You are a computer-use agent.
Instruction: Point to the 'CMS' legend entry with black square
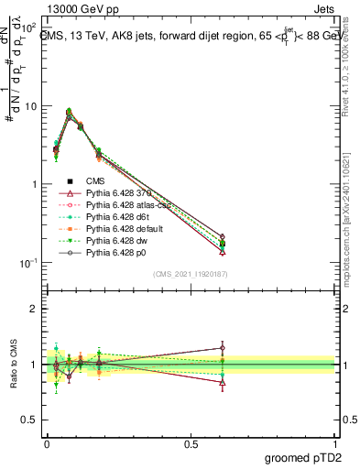click(97, 181)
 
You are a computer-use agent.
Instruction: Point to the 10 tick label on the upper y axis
click(31, 106)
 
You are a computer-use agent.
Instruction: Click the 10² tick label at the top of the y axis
click(29, 27)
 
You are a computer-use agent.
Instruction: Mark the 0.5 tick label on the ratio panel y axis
click(30, 420)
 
